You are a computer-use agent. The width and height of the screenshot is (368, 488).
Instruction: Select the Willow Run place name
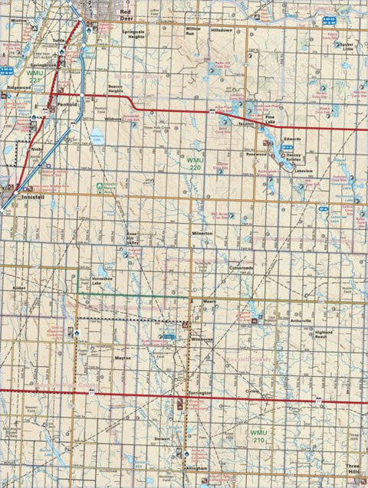pos(192,31)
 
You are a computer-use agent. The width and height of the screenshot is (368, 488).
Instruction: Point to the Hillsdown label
pos(221,29)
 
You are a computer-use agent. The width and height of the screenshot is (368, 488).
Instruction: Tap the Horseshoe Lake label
pos(101,281)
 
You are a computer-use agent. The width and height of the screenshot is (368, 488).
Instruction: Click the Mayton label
pos(123,358)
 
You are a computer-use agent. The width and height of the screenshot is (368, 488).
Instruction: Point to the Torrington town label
pos(199,391)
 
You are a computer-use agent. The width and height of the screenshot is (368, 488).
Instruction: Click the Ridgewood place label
pos(18,89)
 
